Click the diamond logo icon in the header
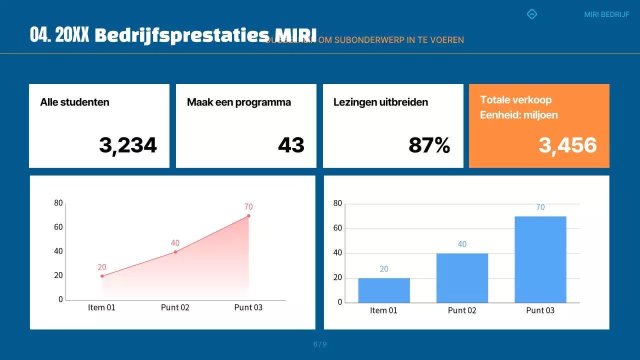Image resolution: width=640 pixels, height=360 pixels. click(x=532, y=14)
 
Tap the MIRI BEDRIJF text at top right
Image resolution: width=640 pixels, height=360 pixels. click(x=606, y=14)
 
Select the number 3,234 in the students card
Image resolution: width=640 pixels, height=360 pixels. click(x=128, y=145)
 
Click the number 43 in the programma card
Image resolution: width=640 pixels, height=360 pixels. click(x=291, y=145)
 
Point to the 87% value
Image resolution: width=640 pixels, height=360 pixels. click(x=429, y=145)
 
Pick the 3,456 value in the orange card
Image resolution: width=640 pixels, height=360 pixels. click(x=567, y=145)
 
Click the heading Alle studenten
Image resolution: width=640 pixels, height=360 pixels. click(x=74, y=102)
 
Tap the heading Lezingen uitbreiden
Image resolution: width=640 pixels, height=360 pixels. click(x=380, y=102)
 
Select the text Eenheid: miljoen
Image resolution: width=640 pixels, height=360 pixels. click(x=518, y=115)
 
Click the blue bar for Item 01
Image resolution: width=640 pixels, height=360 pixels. click(x=384, y=290)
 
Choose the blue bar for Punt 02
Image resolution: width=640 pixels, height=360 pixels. click(x=462, y=278)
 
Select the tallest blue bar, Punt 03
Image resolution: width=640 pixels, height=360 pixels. click(x=540, y=259)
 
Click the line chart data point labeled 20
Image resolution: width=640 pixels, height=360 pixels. click(x=102, y=276)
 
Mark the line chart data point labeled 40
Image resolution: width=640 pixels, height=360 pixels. click(x=175, y=252)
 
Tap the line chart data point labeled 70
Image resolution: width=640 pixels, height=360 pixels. click(x=248, y=216)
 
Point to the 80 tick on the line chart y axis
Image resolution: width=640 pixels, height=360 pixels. click(x=58, y=203)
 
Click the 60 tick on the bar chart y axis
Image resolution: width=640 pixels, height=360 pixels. click(x=337, y=228)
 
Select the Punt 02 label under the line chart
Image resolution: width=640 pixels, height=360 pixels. click(x=175, y=307)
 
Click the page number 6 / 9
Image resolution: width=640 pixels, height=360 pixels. click(x=320, y=344)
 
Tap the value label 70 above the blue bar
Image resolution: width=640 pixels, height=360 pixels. click(x=540, y=207)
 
